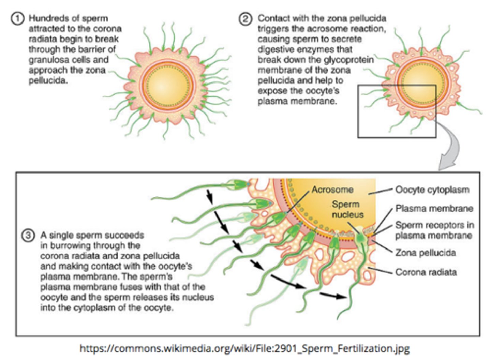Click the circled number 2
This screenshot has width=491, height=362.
click(245, 18)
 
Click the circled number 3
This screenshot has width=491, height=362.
click(28, 235)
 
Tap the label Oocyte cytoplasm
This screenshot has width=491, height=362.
click(432, 190)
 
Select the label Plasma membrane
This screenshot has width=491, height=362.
click(434, 208)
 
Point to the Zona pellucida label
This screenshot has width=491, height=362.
click(425, 253)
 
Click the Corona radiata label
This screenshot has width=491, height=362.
click(426, 272)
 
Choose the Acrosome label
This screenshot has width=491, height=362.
click(332, 190)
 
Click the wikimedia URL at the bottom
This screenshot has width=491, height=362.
click(244, 348)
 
